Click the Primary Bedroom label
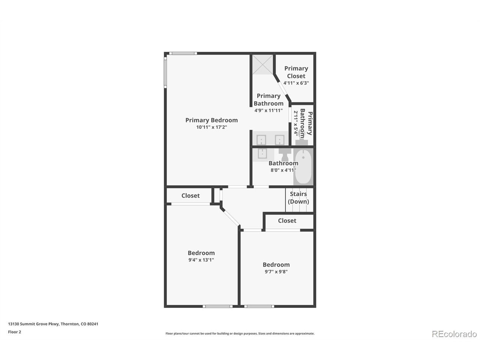(211, 120)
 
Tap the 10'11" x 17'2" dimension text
(211, 127)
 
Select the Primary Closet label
(296, 72)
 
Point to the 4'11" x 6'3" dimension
(296, 83)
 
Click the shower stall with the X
(262, 65)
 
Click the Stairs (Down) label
(298, 198)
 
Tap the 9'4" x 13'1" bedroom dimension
(201, 260)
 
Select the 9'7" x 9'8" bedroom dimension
(276, 272)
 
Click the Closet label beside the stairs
(287, 220)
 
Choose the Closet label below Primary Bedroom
(190, 195)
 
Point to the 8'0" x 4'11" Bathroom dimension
(283, 170)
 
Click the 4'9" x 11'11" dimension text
(268, 110)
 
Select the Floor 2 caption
(14, 332)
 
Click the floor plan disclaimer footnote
(240, 333)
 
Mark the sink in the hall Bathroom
(262, 154)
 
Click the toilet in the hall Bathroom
(285, 154)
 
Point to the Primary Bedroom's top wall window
(183, 53)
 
